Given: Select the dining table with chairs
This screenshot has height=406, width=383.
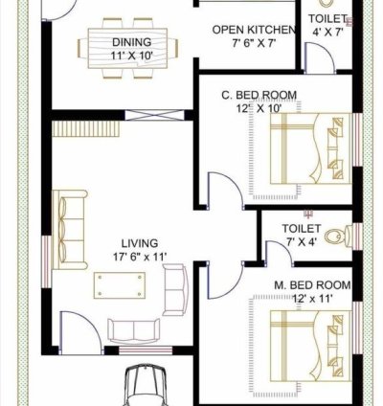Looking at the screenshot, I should (x=133, y=45).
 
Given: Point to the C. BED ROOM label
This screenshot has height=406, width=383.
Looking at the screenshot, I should (x=258, y=95).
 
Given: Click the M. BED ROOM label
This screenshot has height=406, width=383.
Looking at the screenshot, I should (x=312, y=285).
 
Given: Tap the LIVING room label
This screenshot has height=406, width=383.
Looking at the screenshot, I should (x=140, y=243).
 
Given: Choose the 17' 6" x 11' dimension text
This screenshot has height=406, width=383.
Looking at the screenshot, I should (x=139, y=257).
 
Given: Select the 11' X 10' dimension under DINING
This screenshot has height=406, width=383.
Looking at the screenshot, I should (x=131, y=56).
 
